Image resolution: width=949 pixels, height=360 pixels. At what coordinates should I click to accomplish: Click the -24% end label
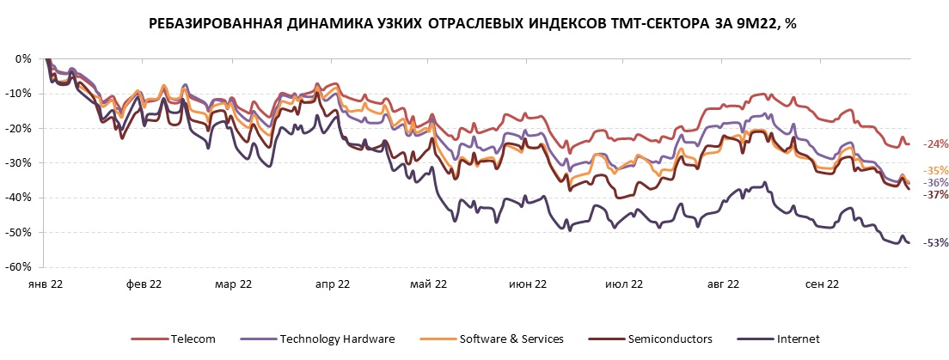[x=935, y=144]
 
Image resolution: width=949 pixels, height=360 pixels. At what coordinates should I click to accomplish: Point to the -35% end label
[x=935, y=170]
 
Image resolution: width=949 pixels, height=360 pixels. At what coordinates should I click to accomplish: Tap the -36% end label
[x=935, y=183]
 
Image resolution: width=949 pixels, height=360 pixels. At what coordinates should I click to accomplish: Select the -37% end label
[x=935, y=195]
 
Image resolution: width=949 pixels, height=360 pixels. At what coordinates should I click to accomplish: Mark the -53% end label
[x=935, y=243]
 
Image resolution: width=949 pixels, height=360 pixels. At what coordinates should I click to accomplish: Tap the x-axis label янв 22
[x=46, y=284]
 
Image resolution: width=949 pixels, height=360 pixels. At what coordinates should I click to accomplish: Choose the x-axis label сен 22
[x=820, y=284]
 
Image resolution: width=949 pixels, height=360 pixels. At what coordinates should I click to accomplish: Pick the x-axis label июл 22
[x=625, y=284]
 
